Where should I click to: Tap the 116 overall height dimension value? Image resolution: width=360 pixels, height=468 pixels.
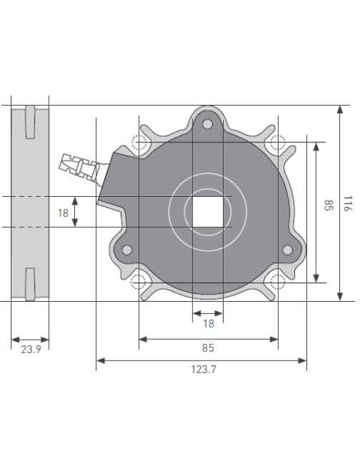coord(348,204)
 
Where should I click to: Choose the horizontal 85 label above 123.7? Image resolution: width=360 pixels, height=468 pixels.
coord(208,349)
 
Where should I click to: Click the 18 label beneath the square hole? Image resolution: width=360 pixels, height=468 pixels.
coord(208,323)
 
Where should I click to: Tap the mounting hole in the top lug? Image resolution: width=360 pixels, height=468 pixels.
coord(208,125)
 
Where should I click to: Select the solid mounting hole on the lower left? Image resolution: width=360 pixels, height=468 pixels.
coord(127,249)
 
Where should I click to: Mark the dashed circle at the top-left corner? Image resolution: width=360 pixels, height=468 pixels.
coord(139,142)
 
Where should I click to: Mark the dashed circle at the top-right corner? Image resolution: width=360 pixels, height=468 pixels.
coord(277,142)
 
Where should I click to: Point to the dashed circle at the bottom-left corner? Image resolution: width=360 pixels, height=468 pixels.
coord(139,281)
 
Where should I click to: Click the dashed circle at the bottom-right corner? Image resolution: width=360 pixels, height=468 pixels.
coord(277,281)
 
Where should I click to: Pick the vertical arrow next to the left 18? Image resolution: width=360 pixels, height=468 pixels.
coord(75,212)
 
